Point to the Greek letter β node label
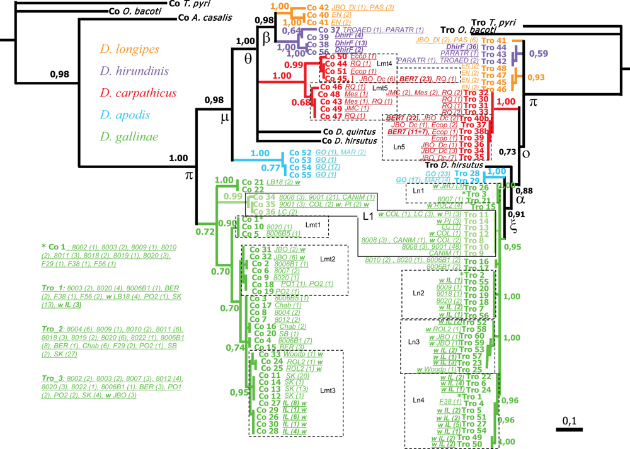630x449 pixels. [x=266, y=38]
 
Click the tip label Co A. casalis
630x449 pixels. [x=203, y=18]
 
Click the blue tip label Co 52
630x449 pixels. [x=301, y=152]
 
